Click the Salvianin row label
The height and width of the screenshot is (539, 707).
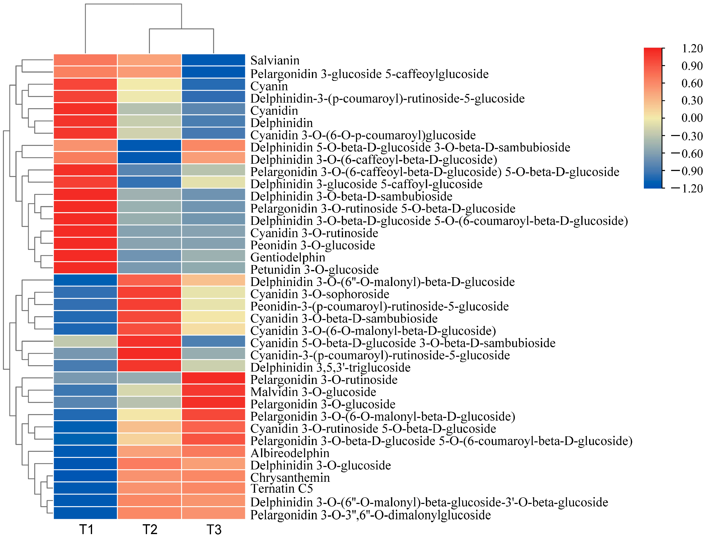275,60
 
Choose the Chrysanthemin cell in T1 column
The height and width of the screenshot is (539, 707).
85,476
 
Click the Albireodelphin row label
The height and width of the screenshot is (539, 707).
290,453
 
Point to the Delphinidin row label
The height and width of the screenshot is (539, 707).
281,123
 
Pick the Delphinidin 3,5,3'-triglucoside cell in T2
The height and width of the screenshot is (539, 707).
149,366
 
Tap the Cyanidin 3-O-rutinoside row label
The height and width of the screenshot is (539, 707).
314,233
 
